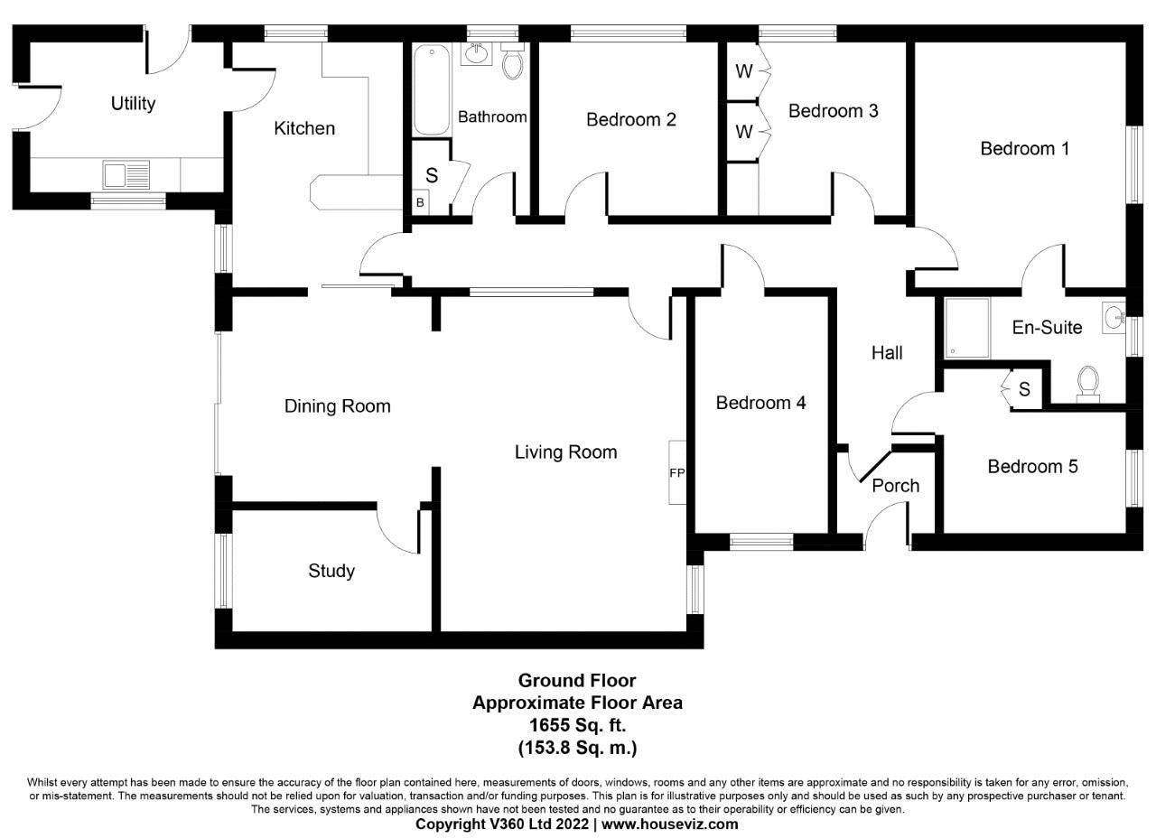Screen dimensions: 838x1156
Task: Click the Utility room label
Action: coord(133,103)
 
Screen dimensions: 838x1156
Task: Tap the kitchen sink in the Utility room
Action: coord(126,174)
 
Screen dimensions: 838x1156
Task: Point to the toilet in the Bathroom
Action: coord(512,61)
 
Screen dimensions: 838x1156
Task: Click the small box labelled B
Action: coord(420,203)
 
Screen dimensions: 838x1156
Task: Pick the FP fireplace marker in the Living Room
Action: coord(676,472)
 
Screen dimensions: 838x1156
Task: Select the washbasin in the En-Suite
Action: coord(1114,317)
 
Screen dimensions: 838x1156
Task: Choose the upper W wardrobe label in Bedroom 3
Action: coord(743,72)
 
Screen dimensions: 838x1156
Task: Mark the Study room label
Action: coord(331,571)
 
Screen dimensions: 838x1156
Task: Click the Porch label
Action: coord(895,486)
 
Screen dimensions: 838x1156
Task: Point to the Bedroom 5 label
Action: coord(1032,467)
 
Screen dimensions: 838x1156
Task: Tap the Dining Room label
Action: coord(338,406)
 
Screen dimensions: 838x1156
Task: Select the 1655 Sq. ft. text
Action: coord(577,725)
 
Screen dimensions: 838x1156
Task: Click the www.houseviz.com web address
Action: coord(670,824)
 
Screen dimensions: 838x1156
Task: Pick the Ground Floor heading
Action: coord(577,681)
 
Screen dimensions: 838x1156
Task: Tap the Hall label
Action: coord(887,353)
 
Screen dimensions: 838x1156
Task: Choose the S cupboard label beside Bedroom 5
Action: coord(1024,389)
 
